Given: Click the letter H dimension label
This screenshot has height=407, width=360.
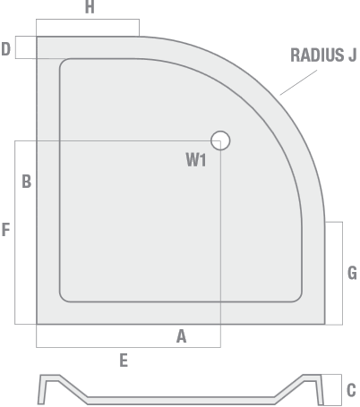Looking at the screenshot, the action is coord(90,7).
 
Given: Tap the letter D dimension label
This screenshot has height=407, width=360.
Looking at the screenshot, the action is coord(6,49).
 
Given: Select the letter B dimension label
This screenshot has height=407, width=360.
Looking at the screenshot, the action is coord(27,182).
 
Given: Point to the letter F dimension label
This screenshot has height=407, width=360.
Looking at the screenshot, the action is coord(5,230).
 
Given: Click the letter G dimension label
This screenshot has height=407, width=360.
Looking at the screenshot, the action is coord(352,273).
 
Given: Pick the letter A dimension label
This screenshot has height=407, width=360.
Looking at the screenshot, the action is coord(181,336).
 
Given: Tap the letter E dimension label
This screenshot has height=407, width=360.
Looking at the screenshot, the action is coord(124,360).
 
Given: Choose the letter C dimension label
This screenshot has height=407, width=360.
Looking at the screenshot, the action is coord(351,390).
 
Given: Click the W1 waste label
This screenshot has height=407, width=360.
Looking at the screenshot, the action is coord(196,160).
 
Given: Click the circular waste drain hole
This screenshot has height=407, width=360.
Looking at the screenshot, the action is coord(220,140).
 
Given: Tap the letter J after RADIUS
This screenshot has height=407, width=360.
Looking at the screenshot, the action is coord(353,55).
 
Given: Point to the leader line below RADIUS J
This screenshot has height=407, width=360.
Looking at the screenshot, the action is coord(298,82).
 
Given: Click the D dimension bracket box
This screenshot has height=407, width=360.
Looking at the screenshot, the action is coord(15,47).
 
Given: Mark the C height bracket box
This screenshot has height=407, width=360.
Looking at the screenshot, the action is coord(341,390).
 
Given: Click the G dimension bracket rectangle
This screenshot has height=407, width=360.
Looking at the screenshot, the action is coord(342,273).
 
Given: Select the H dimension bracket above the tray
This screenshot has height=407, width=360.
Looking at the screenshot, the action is coord(88,20).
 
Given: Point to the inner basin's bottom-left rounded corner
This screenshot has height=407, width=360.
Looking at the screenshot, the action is coord(63,299).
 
